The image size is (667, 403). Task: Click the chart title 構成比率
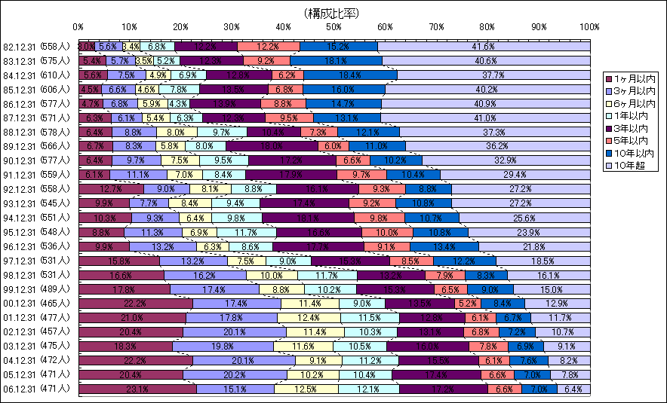coord(332,13)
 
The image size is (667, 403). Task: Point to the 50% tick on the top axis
coord(334,27)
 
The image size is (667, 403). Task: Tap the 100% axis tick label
coord(589,27)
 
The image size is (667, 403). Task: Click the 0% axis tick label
coord(80,27)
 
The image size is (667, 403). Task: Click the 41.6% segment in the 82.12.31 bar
coord(483,47)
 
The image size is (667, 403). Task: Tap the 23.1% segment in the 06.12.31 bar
coord(137,389)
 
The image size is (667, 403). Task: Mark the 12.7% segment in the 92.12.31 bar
coord(111,189)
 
